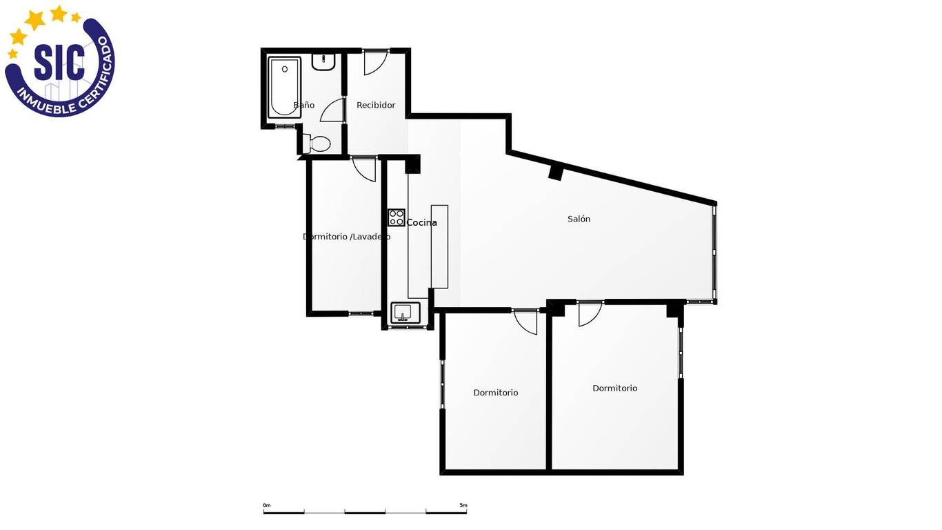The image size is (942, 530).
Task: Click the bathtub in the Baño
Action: [x=285, y=87]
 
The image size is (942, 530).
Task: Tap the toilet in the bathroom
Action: [x=317, y=144]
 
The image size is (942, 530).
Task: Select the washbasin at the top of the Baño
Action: [x=323, y=62]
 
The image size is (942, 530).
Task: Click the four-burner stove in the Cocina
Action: [x=396, y=217]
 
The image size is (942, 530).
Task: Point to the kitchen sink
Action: [x=405, y=313]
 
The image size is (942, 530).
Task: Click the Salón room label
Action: [x=579, y=219]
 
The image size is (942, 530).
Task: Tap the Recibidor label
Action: [x=376, y=106]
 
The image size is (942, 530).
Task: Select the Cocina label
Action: [x=422, y=223]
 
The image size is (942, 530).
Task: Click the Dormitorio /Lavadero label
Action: [x=346, y=237]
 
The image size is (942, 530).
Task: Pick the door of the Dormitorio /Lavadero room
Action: [x=364, y=169]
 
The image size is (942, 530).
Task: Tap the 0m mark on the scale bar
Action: [x=267, y=505]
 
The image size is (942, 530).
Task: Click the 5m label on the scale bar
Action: [x=463, y=505]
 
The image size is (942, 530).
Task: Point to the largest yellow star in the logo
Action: [x=34, y=19]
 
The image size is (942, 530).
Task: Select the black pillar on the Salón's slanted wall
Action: [x=556, y=172]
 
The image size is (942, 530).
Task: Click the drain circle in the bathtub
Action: [x=285, y=69]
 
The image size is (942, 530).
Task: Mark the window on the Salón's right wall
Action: [x=714, y=253]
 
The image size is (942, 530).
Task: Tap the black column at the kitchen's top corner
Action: [x=412, y=164]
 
